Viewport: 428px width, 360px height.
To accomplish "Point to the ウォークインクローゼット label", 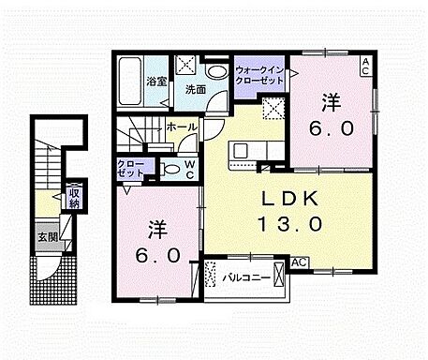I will tap(259, 75).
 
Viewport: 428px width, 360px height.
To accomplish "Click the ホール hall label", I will tap(180, 127).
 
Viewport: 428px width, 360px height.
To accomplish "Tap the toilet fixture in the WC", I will tap(170, 170).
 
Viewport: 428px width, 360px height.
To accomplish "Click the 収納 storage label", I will tap(73, 197).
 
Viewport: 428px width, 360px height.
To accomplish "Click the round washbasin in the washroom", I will tap(215, 71).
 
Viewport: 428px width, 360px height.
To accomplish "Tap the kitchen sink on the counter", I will tap(240, 149).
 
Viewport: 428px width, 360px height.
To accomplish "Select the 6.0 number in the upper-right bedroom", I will tap(332, 130).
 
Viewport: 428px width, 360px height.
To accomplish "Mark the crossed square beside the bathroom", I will tap(186, 67).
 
